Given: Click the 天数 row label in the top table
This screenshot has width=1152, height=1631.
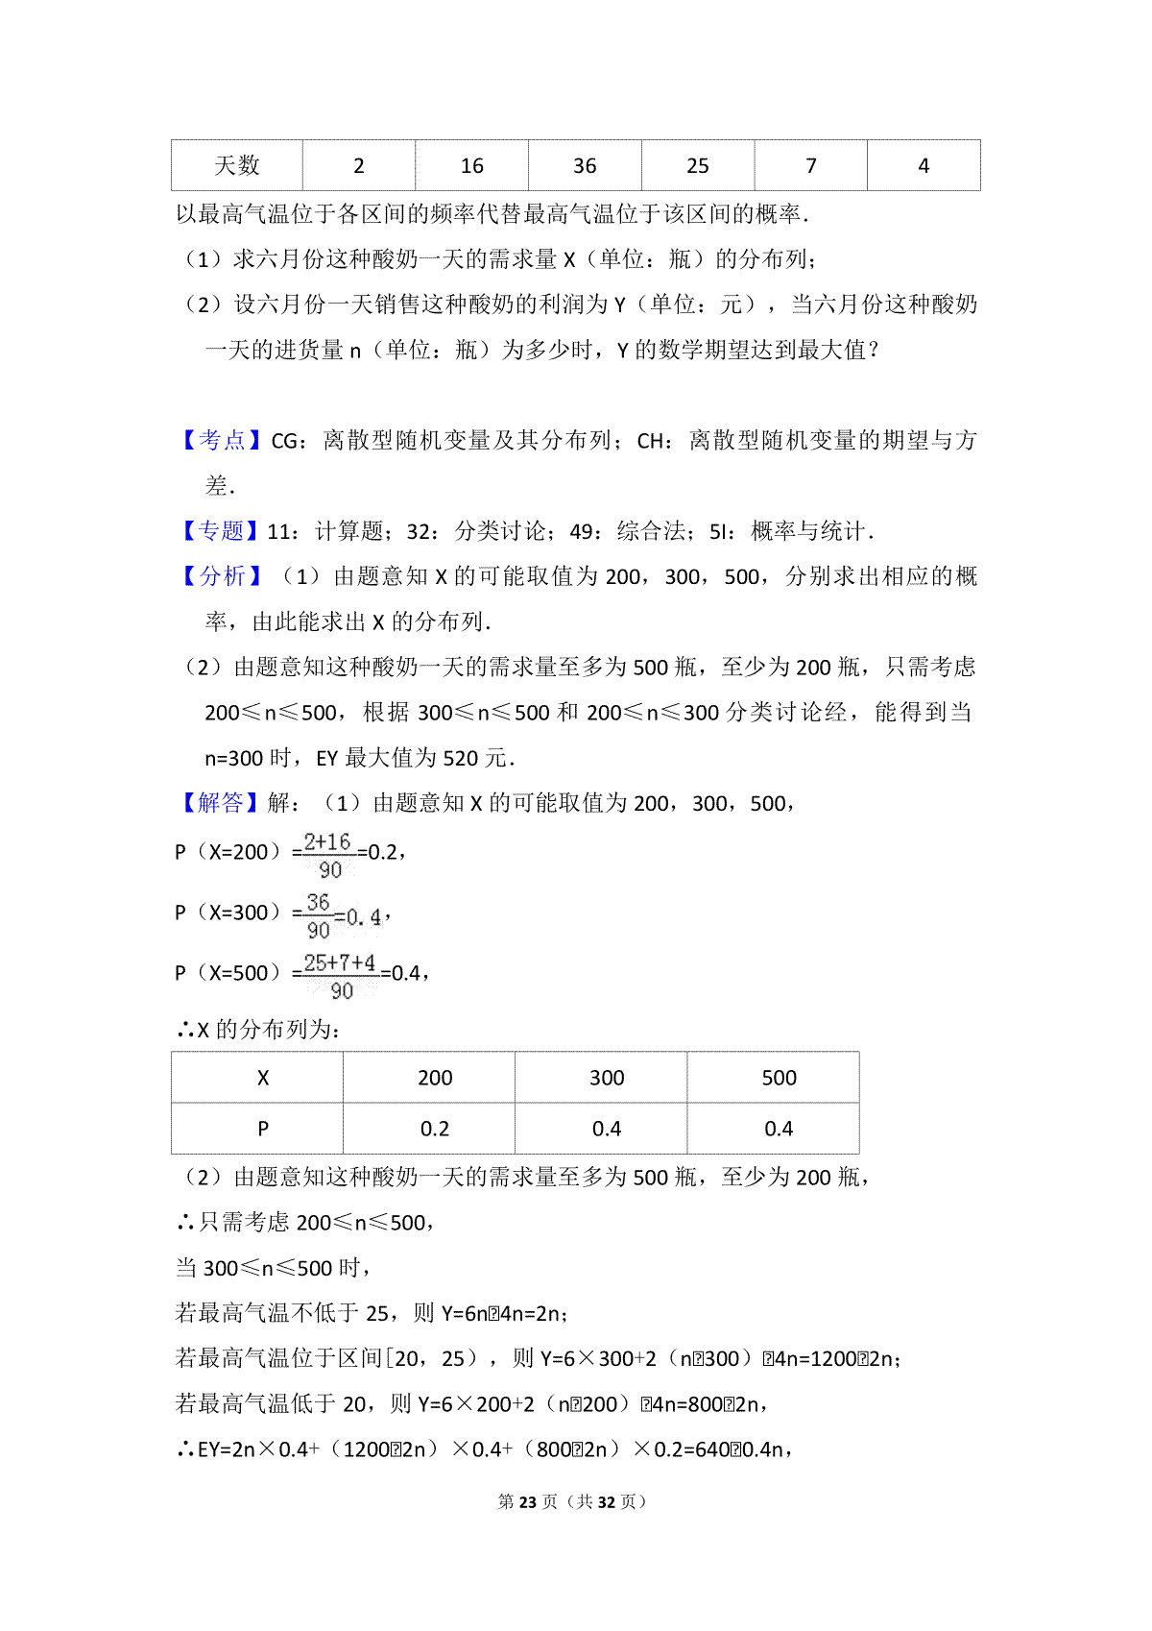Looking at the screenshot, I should point(237,165).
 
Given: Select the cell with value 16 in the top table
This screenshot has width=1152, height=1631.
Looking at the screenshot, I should point(471,165).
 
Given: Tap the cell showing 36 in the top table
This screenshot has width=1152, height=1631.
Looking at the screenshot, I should point(585,165).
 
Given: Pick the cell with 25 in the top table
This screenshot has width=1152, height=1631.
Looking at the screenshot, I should point(698,165).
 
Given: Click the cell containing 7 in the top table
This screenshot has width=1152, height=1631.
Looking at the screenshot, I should point(811,165).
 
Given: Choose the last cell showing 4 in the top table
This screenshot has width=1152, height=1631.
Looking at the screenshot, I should point(924,165).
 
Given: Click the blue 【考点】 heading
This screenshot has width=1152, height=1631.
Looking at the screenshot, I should point(221,440).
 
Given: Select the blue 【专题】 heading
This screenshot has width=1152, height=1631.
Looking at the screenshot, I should point(221,530).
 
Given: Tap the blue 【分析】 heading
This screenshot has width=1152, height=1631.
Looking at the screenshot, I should point(221,575).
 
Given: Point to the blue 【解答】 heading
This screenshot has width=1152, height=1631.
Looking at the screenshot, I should point(221,802).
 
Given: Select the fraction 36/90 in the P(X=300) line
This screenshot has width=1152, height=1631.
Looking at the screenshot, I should point(318,915).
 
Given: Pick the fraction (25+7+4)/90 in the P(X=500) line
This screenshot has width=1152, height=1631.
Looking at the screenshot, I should point(340,976).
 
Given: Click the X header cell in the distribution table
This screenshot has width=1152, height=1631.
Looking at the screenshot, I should point(263,1078).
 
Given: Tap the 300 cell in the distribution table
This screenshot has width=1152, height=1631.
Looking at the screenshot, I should point(607,1078).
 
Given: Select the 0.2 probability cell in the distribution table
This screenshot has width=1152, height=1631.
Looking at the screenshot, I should point(435,1129).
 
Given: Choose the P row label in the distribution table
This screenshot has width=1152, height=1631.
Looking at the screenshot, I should point(263,1129).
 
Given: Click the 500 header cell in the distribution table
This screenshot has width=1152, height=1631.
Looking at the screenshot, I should point(779,1078).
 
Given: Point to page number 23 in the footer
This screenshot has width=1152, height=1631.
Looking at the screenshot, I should point(527,1501).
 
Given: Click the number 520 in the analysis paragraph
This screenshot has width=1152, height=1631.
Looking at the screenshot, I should point(461,758).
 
